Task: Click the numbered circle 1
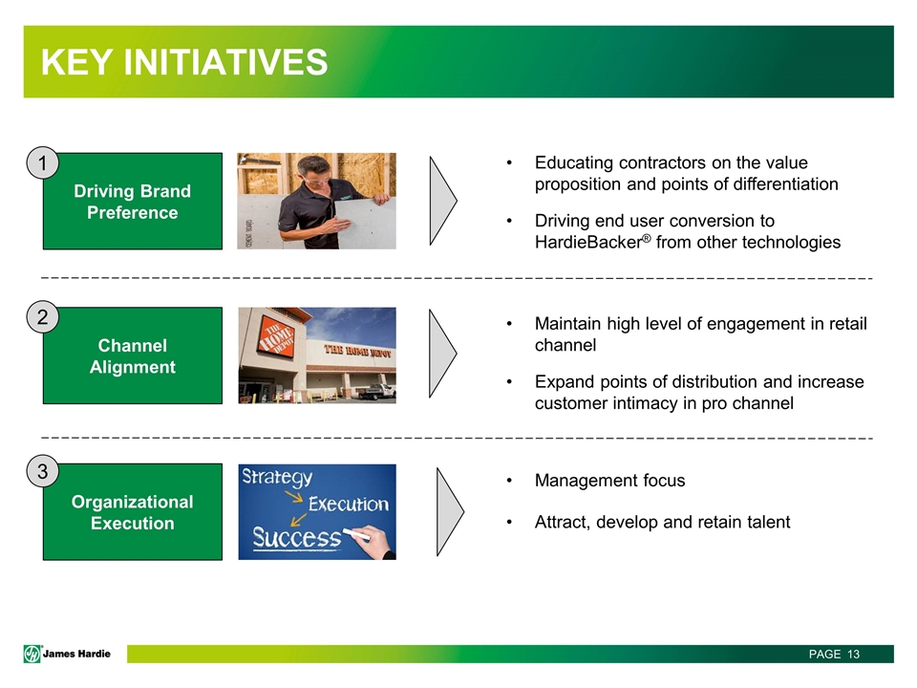[43, 163]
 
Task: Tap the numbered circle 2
[43, 317]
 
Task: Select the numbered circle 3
[43, 471]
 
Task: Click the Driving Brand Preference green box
[133, 202]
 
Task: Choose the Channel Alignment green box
[133, 355]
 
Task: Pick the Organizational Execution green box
[133, 512]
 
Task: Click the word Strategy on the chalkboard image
[277, 478]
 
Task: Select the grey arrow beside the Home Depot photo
[442, 354]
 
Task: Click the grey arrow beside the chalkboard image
[450, 512]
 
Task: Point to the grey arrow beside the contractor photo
[443, 201]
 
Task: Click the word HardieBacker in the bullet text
[588, 242]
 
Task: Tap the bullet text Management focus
[610, 481]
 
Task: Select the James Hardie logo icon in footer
[32, 654]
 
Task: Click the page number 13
[853, 654]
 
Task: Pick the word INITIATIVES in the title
[225, 62]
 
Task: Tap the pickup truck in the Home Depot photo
[378, 391]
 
